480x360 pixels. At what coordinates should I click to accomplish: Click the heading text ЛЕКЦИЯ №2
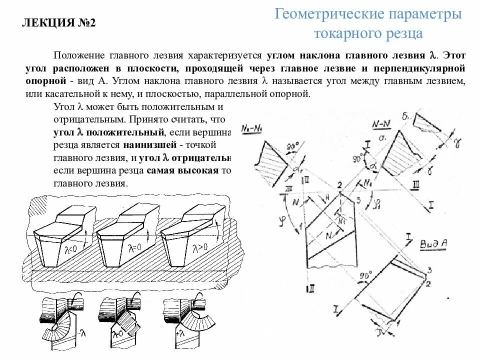click(x=59, y=23)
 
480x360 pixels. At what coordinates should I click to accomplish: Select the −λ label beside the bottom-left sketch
click(x=80, y=331)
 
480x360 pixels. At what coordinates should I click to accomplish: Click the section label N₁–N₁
click(x=252, y=128)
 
